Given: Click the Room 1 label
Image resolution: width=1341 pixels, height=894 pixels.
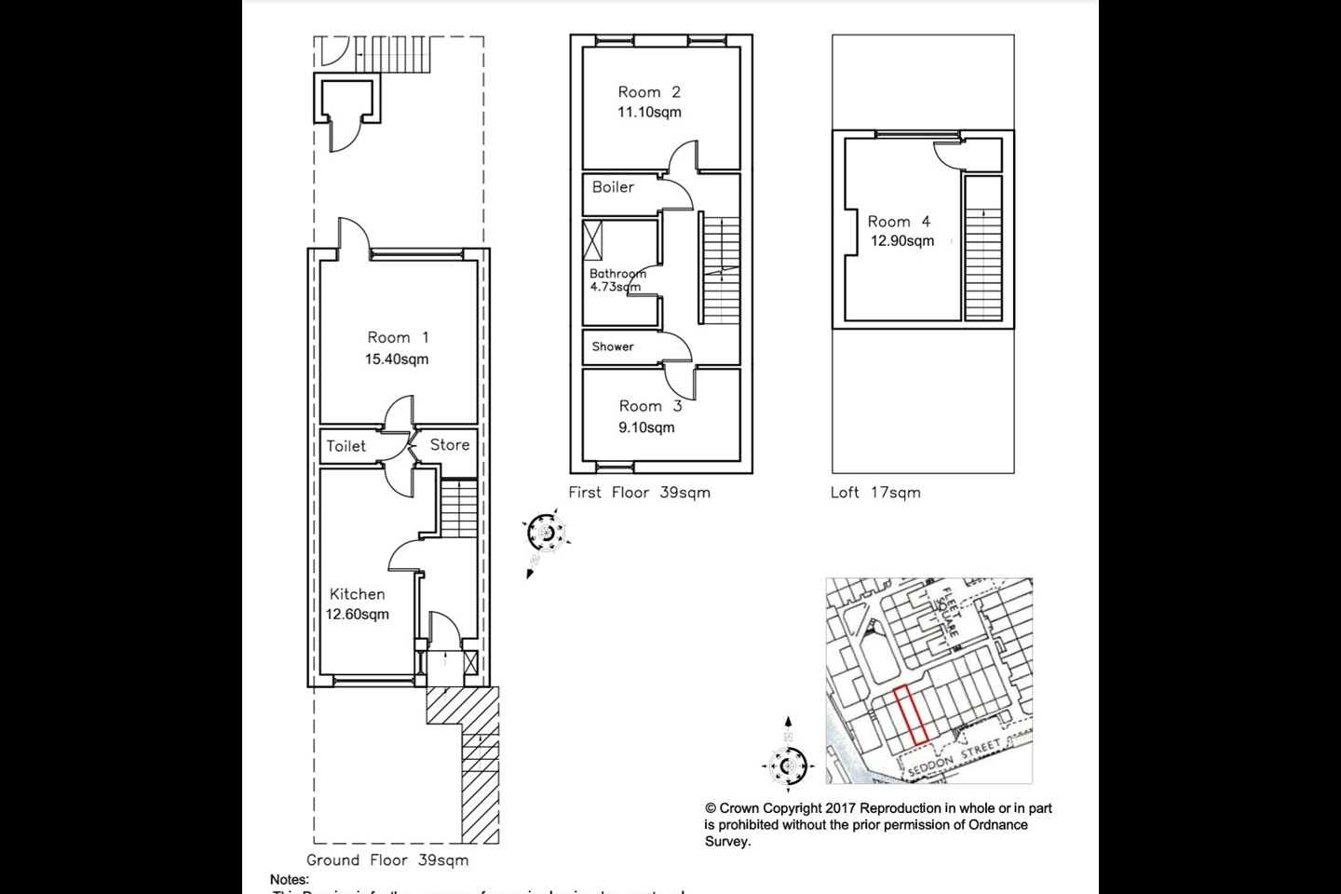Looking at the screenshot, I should pos(398,337).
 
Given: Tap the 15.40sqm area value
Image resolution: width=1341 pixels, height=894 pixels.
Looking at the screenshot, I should pos(397,359).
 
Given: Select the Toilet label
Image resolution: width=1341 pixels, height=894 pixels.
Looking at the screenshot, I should pos(345,446).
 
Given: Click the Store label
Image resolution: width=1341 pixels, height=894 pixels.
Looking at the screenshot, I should pos(450,445).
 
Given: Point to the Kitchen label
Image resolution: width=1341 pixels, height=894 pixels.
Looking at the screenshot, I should pos(357,594).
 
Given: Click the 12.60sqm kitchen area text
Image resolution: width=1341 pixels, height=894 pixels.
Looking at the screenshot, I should pos(358,615).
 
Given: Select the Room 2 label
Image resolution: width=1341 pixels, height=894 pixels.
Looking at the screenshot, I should pos(649,91).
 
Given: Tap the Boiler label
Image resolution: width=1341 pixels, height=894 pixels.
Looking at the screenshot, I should pos(613,187).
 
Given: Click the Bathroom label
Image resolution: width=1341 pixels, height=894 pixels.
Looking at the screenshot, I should pos(617,274).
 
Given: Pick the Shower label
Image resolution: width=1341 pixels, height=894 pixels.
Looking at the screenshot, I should pos(613,346).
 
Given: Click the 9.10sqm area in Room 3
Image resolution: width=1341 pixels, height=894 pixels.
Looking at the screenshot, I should pos(646,428).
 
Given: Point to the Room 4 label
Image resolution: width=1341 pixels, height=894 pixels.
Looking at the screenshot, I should pos(899,222).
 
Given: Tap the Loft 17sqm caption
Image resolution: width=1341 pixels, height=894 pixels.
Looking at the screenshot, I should pos(875,493).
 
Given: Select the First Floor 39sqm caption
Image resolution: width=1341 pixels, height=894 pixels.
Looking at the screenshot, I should pos(639,493).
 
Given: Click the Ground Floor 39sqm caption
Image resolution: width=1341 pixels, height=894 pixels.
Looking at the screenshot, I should pos(387,860).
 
